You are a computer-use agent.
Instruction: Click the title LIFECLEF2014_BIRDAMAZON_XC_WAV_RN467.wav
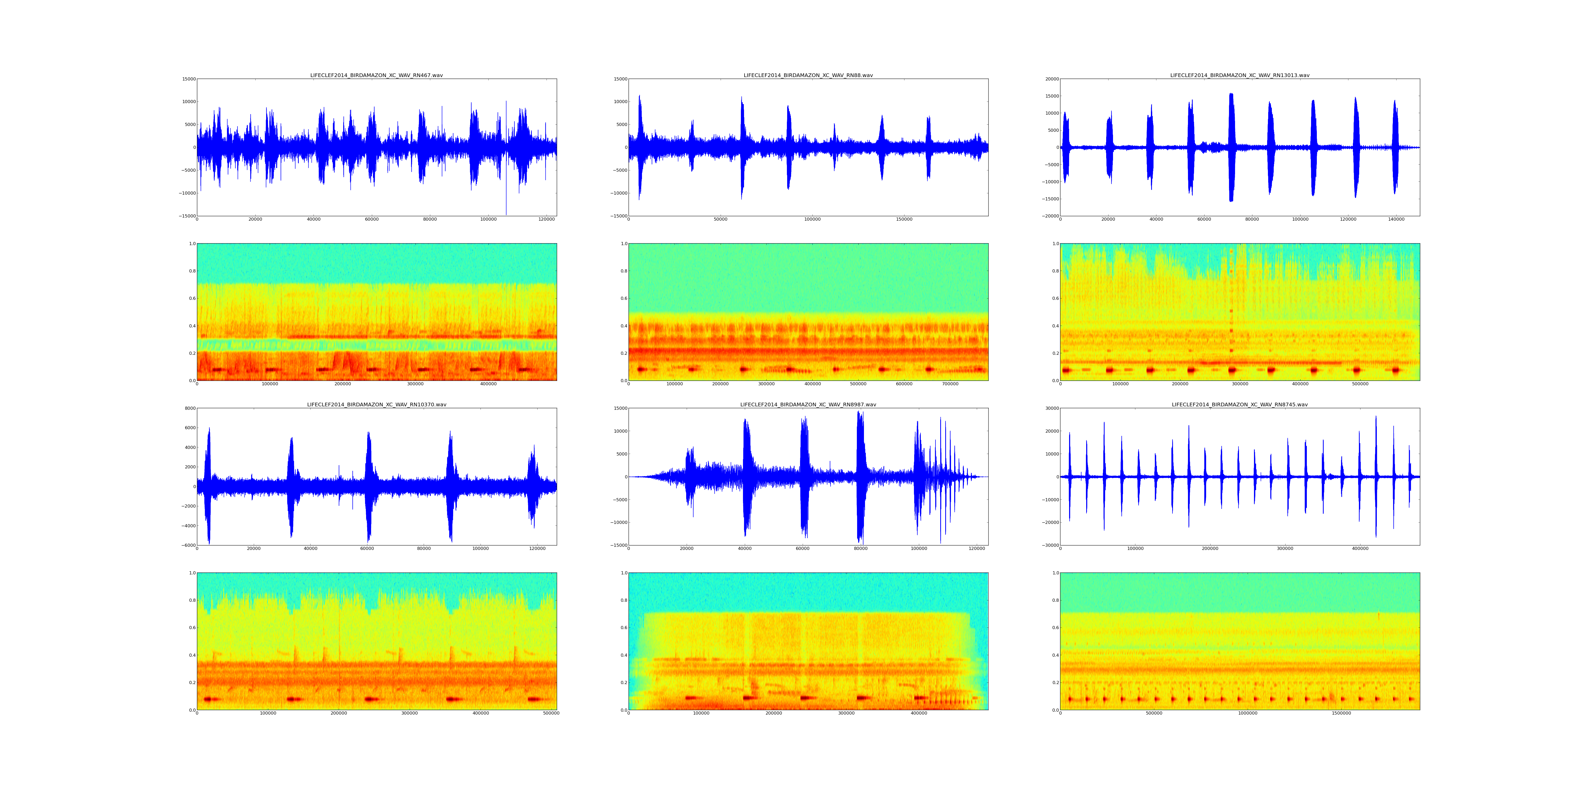[x=376, y=75]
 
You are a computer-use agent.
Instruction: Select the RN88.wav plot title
[x=808, y=75]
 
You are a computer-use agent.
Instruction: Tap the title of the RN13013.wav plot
[x=1239, y=75]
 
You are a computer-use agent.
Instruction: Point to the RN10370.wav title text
[x=376, y=405]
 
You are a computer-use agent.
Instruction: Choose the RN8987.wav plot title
[x=808, y=405]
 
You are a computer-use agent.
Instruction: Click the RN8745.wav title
[x=1239, y=405]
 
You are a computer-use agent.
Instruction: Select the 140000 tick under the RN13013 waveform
[x=1396, y=219]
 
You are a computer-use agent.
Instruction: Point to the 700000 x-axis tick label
[x=950, y=384]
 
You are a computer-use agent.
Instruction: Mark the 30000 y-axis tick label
[x=1051, y=409]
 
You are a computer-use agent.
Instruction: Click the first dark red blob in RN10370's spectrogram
[x=211, y=699]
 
